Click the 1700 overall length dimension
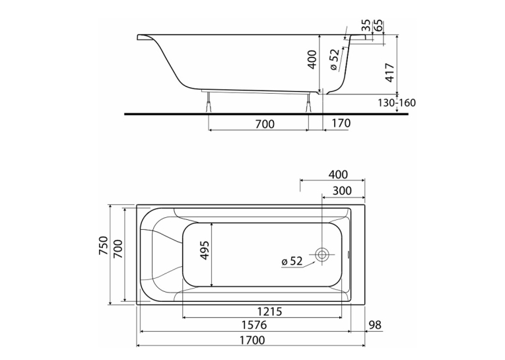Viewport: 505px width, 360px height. [x=252, y=340]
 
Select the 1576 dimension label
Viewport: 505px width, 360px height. [x=254, y=324]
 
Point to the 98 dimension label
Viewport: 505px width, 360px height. [x=374, y=325]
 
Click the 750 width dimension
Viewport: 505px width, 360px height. [x=103, y=246]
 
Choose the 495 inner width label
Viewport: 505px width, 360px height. [x=205, y=250]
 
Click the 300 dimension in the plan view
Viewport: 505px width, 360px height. [x=342, y=191]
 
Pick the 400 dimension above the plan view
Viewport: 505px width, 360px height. [x=338, y=174]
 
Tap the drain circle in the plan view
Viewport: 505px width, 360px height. [x=321, y=254]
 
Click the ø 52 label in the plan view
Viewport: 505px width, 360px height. [x=292, y=261]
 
